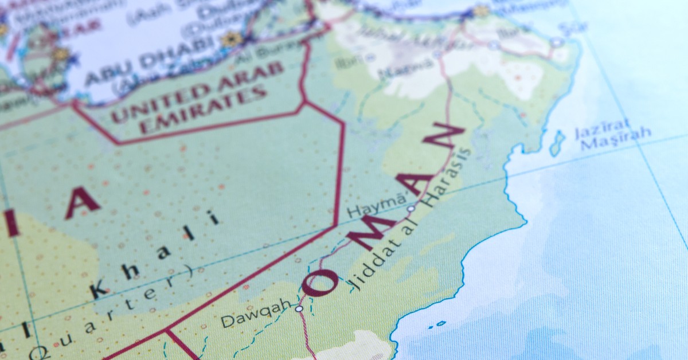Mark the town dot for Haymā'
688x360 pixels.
tap(411, 209)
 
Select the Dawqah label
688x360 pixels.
tap(256, 314)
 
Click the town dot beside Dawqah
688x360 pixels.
tap(299, 308)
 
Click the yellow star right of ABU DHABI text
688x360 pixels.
tap(232, 39)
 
